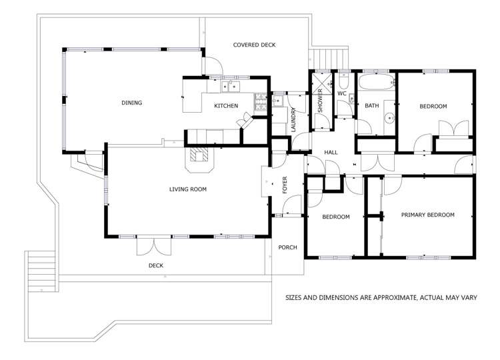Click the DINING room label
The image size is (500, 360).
(131, 103)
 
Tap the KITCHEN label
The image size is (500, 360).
(225, 106)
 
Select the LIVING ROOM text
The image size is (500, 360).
(187, 189)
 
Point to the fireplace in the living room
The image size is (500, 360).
(199, 155)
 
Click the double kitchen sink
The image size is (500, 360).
(229, 86)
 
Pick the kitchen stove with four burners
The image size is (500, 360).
(260, 102)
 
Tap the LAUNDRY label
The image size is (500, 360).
(293, 119)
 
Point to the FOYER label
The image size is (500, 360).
(285, 185)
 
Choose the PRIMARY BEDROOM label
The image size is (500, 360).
(427, 215)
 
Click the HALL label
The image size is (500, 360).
(331, 153)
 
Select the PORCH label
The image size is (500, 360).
(288, 247)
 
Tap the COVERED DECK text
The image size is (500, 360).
(254, 45)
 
